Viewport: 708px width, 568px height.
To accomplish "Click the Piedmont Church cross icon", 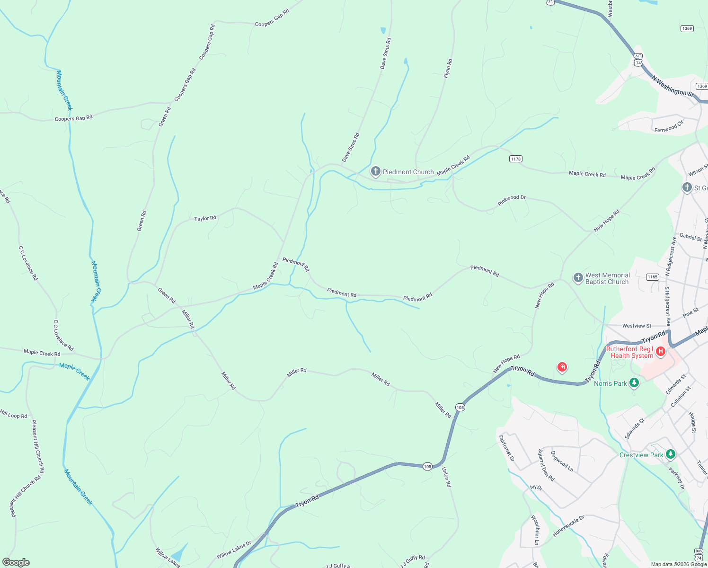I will (x=376, y=171).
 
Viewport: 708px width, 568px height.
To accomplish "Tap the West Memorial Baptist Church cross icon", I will (x=578, y=278).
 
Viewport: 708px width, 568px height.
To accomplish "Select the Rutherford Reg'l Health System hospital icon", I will (x=661, y=352).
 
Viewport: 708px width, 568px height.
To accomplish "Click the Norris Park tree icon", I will (x=634, y=383).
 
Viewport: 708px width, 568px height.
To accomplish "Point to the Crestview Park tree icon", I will (x=670, y=454).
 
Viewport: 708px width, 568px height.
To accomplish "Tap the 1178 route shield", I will (x=516, y=159).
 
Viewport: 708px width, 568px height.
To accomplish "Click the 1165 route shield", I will (x=653, y=277).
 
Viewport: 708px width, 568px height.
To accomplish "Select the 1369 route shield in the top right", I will (x=687, y=28).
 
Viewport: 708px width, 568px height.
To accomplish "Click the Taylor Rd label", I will (x=205, y=218).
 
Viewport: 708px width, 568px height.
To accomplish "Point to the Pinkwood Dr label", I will (x=512, y=200).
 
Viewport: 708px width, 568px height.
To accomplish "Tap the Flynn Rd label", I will (x=448, y=68).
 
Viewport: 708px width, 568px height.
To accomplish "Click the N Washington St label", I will (x=672, y=86).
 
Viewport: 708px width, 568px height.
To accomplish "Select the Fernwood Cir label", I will (x=669, y=127).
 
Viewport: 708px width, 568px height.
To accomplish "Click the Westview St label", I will (x=637, y=326).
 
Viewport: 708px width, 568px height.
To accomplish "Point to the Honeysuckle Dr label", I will (x=568, y=526).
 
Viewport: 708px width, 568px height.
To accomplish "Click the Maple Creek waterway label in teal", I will (x=74, y=371).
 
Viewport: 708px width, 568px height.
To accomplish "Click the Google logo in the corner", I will (x=16, y=562).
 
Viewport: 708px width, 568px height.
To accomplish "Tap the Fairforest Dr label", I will (x=506, y=448).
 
